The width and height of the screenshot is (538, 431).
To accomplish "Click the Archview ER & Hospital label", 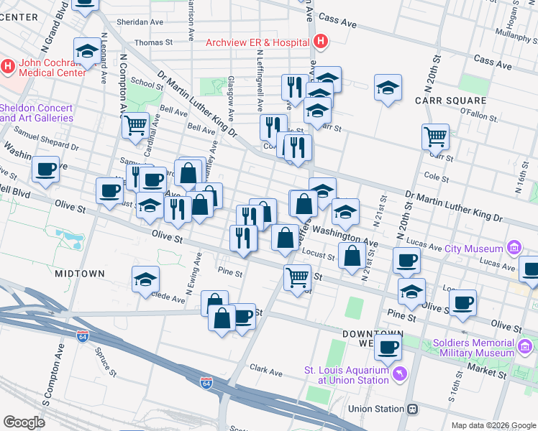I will pos(257,42).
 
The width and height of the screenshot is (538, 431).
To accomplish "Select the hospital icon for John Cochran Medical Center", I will pos(8,67).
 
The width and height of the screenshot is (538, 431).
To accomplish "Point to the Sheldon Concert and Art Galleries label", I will pos(36,113).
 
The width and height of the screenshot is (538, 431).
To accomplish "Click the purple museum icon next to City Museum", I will pos(514,249).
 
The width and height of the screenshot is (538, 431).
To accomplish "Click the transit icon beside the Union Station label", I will pos(413,409).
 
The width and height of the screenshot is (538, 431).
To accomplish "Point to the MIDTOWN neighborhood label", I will pos(79,274).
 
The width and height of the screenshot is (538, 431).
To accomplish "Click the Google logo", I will pos(24,422).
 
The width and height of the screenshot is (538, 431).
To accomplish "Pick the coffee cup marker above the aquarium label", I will pos(388,348).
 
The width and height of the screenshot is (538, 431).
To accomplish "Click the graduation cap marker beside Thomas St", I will pos(86,51).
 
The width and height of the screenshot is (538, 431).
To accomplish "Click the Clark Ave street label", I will pos(266,371).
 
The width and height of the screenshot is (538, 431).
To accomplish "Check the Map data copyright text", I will pos(493,425).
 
